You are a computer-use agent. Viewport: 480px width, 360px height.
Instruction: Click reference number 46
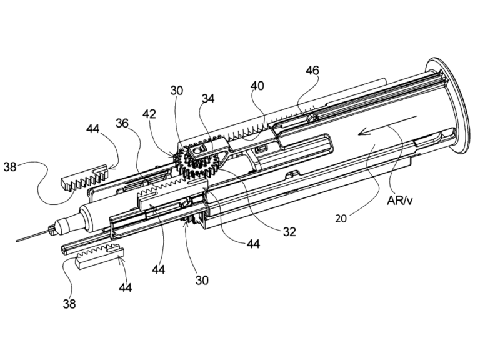click(x=312, y=71)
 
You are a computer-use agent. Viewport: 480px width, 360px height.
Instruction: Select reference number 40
click(x=257, y=86)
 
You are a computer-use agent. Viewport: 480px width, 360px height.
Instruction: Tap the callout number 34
click(x=208, y=99)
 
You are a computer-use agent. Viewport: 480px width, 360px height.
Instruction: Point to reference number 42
click(x=149, y=114)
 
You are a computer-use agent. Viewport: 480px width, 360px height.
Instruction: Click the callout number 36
click(x=122, y=123)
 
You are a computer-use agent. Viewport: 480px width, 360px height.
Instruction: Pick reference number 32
click(x=289, y=232)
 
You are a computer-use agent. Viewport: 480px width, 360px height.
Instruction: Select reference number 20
click(x=341, y=219)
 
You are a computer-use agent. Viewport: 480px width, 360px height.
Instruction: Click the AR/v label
click(x=399, y=201)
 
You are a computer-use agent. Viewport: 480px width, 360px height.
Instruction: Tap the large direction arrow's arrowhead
click(x=362, y=132)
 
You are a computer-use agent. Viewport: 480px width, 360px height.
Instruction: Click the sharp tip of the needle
click(x=16, y=241)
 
